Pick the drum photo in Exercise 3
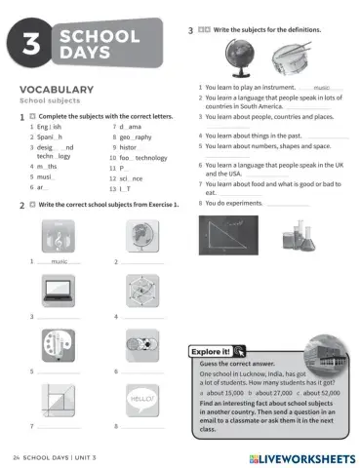pyautogui.click(x=293, y=58)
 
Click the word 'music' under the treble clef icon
pyautogui.click(x=60, y=262)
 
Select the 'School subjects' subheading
pyautogui.click(x=51, y=101)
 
